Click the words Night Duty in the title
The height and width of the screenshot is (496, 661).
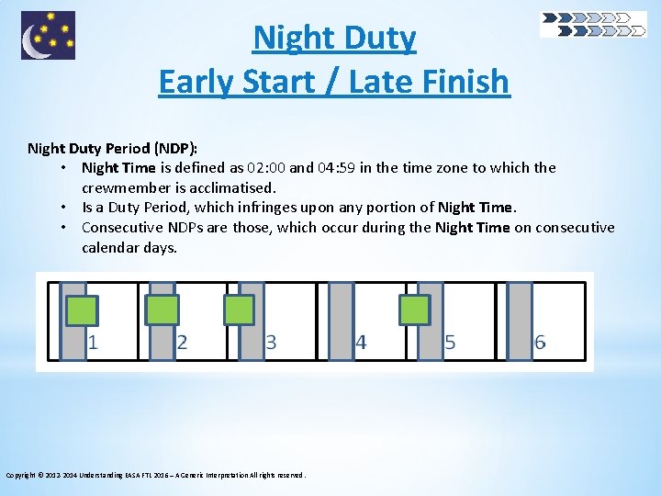click(334, 39)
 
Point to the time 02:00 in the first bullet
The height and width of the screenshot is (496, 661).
click(264, 168)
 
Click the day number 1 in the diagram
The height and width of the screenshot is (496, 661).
click(94, 343)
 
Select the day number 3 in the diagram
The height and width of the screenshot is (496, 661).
click(271, 343)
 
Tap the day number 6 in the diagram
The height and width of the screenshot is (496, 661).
click(540, 343)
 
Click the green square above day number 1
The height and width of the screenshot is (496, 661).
click(82, 310)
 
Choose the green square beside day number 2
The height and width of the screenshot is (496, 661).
click(163, 310)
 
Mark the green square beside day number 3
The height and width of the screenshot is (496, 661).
click(240, 310)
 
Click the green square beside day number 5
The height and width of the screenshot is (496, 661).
click(414, 310)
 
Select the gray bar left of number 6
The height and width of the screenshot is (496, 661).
click(520, 321)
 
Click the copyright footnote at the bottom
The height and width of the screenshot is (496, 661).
click(155, 475)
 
